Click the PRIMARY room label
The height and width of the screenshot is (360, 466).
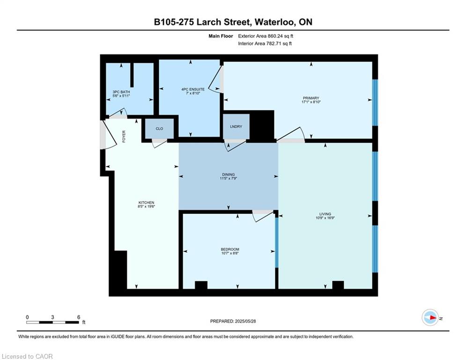311,98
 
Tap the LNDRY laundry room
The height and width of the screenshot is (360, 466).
236,127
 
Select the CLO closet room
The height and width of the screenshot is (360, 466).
159,128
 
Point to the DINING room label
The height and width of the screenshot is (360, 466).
228,174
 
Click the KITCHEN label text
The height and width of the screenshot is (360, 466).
146,202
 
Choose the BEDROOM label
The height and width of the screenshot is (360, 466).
230,249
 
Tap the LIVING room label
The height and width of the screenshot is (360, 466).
325,214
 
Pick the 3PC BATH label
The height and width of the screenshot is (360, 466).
121,92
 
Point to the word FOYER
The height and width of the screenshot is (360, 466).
124,136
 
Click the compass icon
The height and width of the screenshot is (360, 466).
430,317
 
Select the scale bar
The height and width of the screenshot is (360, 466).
52,322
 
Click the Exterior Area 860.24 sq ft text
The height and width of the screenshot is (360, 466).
266,36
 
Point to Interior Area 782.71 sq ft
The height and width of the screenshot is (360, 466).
265,44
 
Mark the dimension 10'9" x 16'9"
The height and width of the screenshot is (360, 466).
325,218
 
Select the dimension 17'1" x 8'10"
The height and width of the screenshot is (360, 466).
311,102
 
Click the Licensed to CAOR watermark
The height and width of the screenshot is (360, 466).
27,356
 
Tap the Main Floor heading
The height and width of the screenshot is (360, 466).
221,36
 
